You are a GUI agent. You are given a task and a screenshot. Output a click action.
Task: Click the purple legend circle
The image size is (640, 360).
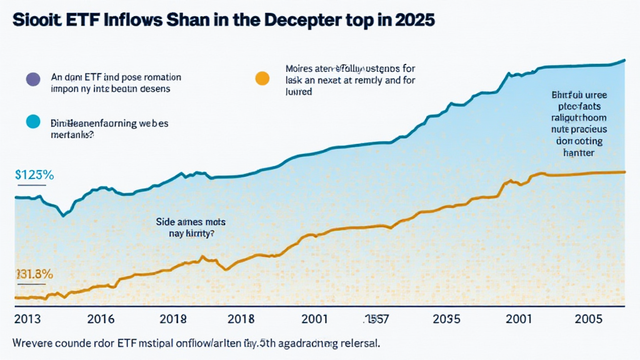tap(32, 79)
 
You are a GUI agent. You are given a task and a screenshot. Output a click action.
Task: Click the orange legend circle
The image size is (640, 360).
tap(262, 78)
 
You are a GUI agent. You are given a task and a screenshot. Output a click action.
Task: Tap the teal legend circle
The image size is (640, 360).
tap(32, 121)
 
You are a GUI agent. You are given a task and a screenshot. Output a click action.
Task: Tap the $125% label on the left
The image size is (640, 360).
tap(34, 176)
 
